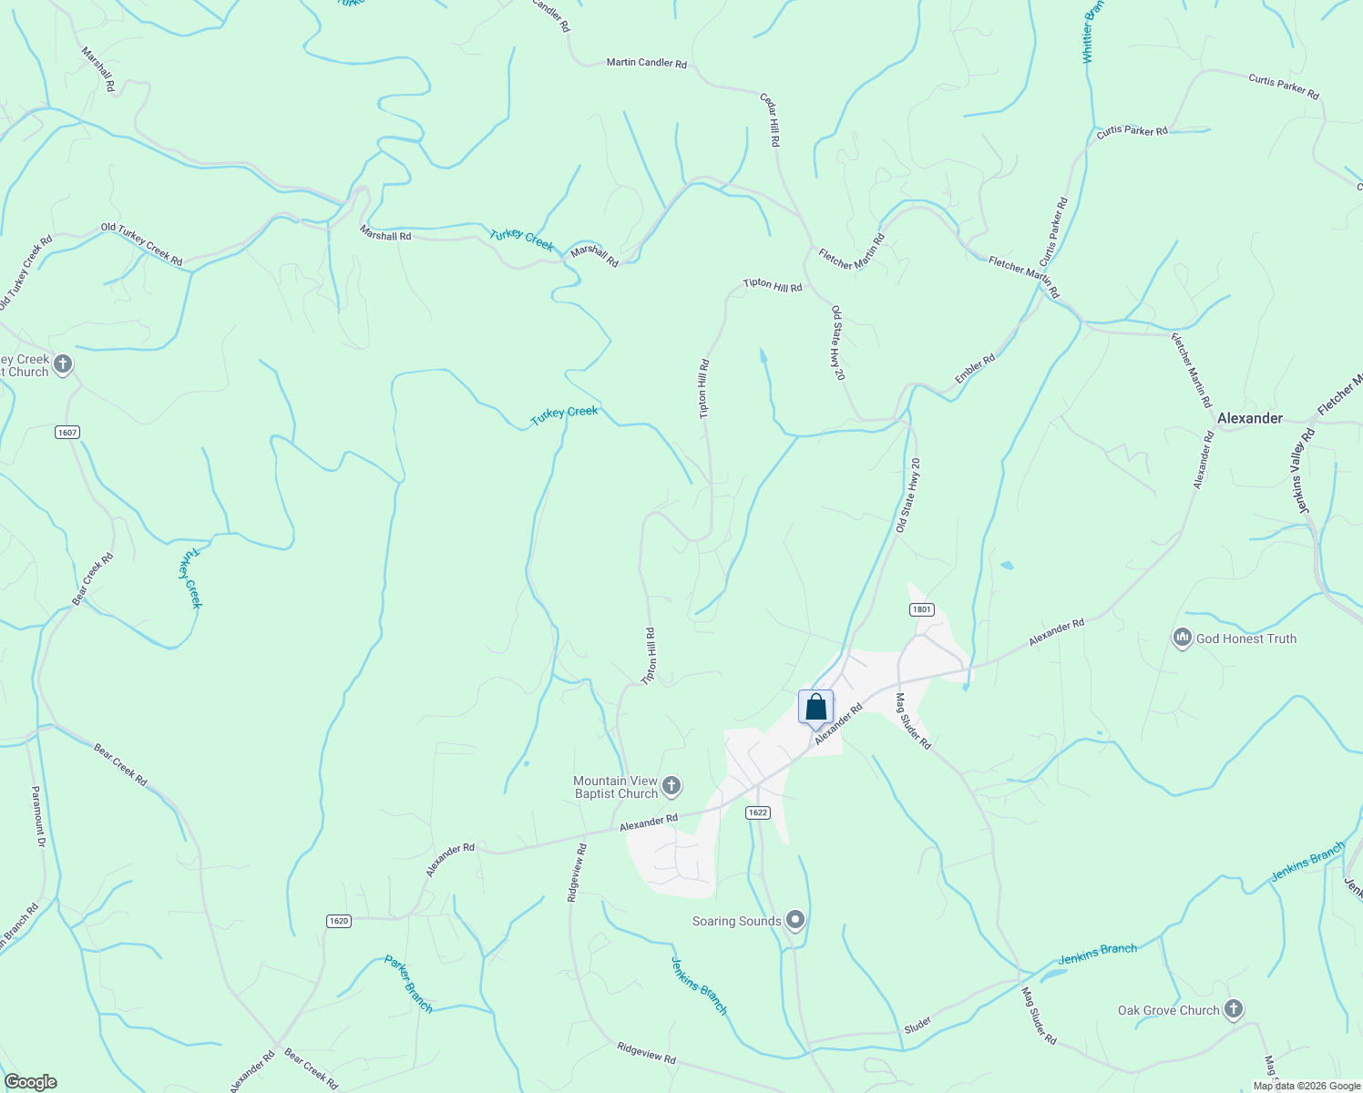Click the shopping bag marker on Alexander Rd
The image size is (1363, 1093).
pyautogui.click(x=815, y=707)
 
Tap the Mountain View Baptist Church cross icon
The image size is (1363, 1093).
pyautogui.click(x=671, y=785)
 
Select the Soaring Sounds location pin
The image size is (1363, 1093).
pyautogui.click(x=795, y=921)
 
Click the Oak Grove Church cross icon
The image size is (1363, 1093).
pyautogui.click(x=1233, y=1009)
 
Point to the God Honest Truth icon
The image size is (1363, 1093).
pyautogui.click(x=1183, y=638)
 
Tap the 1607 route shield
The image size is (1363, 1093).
pyautogui.click(x=67, y=432)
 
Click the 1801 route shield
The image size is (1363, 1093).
pyautogui.click(x=921, y=609)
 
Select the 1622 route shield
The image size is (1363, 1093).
pyautogui.click(x=757, y=812)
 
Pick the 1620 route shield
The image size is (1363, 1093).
pyautogui.click(x=338, y=921)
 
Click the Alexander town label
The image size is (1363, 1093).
pyautogui.click(x=1250, y=418)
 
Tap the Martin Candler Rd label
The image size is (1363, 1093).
pyautogui.click(x=647, y=63)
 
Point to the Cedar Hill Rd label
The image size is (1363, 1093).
pyautogui.click(x=771, y=119)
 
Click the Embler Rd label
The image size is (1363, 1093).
pyautogui.click(x=975, y=369)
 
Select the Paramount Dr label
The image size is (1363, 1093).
pyautogui.click(x=38, y=817)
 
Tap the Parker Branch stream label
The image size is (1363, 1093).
pyautogui.click(x=408, y=984)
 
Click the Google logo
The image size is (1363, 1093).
pyautogui.click(x=30, y=1082)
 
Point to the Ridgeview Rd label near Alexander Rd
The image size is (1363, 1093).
pyautogui.click(x=577, y=873)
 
